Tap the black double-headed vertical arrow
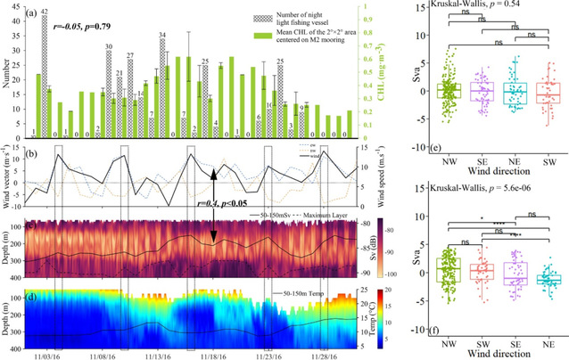[214, 206]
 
